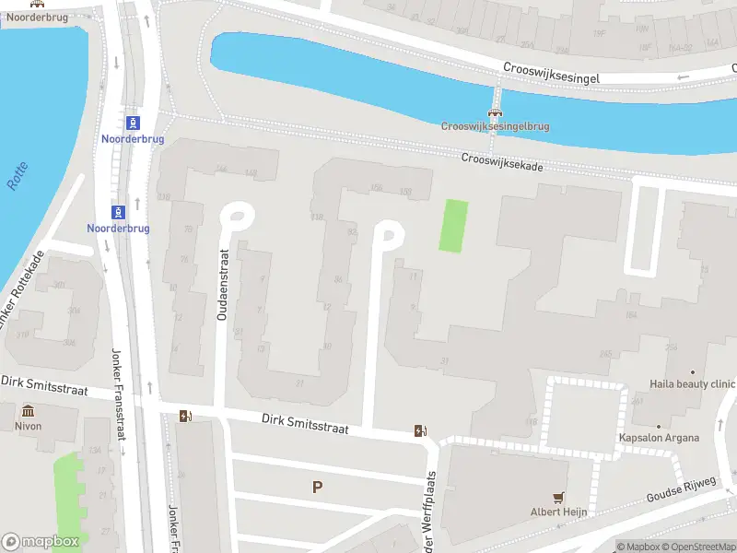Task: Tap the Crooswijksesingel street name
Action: pyautogui.click(x=552, y=75)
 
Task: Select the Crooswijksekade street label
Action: pyautogui.click(x=502, y=161)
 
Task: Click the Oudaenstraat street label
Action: pyautogui.click(x=222, y=285)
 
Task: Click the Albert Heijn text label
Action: pyautogui.click(x=558, y=512)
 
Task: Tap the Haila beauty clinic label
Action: pyautogui.click(x=692, y=384)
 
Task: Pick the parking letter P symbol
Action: pyautogui.click(x=318, y=487)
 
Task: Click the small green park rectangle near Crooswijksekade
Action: pyautogui.click(x=452, y=225)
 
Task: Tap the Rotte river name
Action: pyautogui.click(x=18, y=176)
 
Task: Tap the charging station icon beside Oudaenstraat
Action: pyautogui.click(x=187, y=417)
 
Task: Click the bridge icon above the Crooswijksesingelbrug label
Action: pyautogui.click(x=495, y=112)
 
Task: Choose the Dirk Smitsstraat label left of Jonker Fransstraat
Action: pyautogui.click(x=43, y=385)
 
